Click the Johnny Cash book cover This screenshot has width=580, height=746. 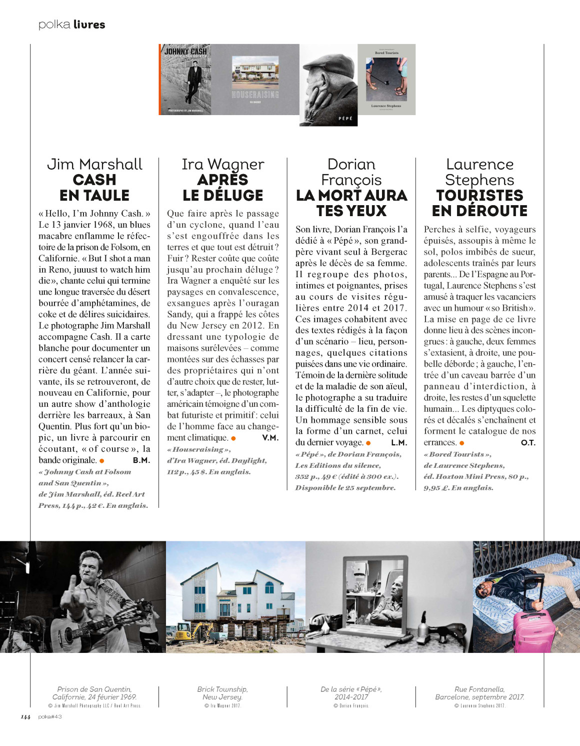[x=185, y=80]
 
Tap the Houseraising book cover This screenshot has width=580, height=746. [x=255, y=80]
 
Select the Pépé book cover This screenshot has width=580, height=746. [x=328, y=85]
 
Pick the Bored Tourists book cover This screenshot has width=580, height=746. [x=386, y=80]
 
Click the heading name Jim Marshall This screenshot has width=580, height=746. [x=94, y=164]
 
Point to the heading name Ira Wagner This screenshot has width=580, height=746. [x=223, y=164]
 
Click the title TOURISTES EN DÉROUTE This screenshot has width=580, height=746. [x=479, y=203]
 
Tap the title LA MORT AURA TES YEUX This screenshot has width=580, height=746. [x=351, y=203]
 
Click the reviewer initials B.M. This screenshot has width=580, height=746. [x=141, y=460]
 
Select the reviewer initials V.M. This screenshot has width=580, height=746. [x=270, y=438]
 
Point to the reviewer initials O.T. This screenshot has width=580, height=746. [x=528, y=443]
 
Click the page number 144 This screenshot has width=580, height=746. [x=25, y=717]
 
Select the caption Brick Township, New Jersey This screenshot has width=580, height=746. [x=222, y=693]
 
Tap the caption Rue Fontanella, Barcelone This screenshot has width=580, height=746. [x=479, y=693]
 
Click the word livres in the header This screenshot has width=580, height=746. [x=89, y=25]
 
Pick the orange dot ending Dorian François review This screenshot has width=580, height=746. [x=368, y=443]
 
